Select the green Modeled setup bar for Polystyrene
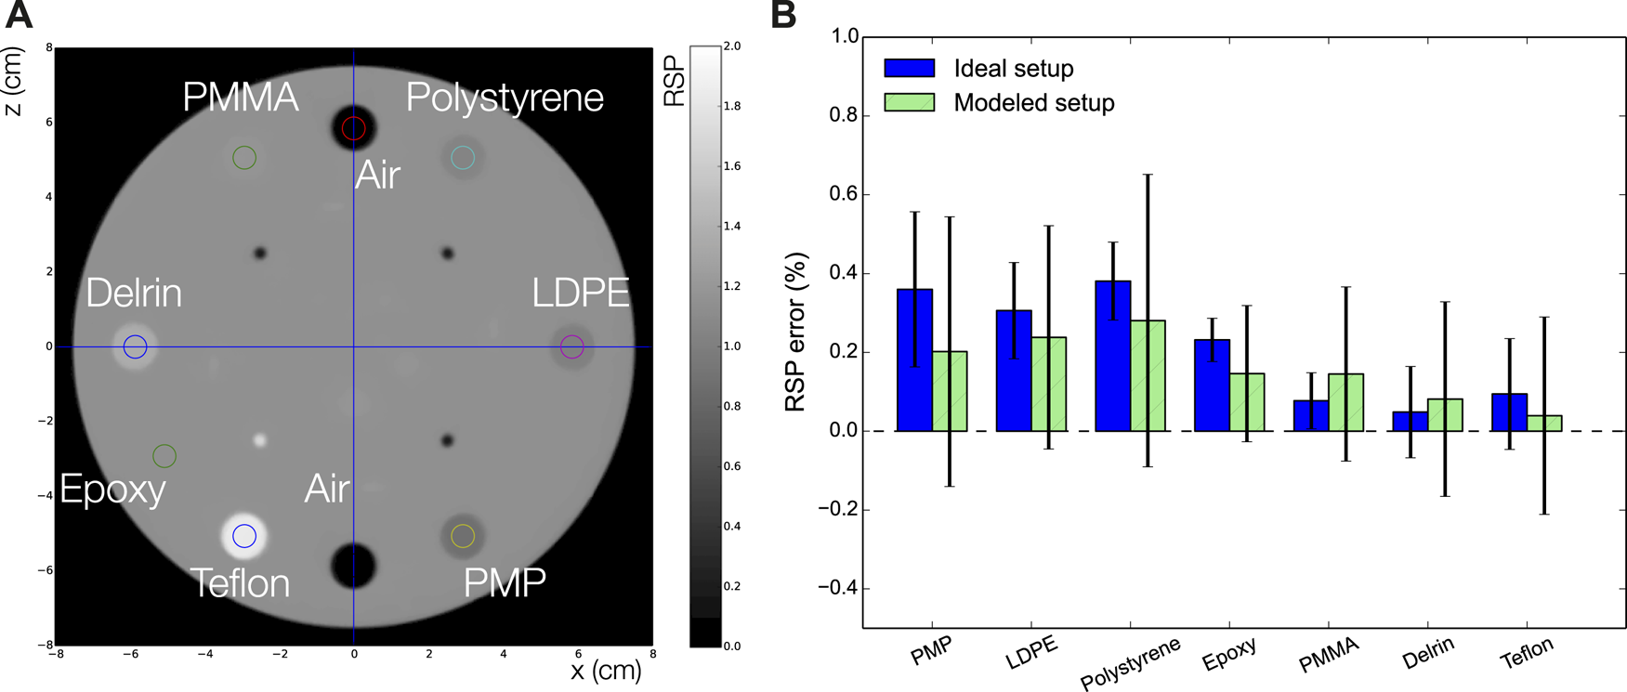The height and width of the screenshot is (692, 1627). pyautogui.click(x=1148, y=375)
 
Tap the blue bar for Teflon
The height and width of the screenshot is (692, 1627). pyautogui.click(x=1509, y=412)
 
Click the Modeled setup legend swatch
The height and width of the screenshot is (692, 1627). pyautogui.click(x=910, y=102)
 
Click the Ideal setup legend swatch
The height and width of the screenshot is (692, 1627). pyautogui.click(x=910, y=68)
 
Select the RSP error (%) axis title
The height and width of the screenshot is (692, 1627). pyautogui.click(x=796, y=333)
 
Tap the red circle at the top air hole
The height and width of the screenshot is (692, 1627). pyautogui.click(x=353, y=128)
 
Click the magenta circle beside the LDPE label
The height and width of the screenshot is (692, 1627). pyautogui.click(x=572, y=347)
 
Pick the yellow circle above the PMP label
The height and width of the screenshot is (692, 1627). pyautogui.click(x=463, y=536)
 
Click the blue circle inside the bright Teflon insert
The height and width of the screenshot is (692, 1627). pyautogui.click(x=244, y=536)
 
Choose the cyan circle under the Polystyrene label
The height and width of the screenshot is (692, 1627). pyautogui.click(x=463, y=158)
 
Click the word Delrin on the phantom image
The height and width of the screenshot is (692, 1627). pyautogui.click(x=134, y=294)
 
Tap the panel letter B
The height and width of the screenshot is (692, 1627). pyautogui.click(x=782, y=15)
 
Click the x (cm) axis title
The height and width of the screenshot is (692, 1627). pyautogui.click(x=605, y=671)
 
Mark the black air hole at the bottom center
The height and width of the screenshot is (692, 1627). pyautogui.click(x=353, y=565)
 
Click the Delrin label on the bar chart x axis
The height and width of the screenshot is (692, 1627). pyautogui.click(x=1428, y=654)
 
